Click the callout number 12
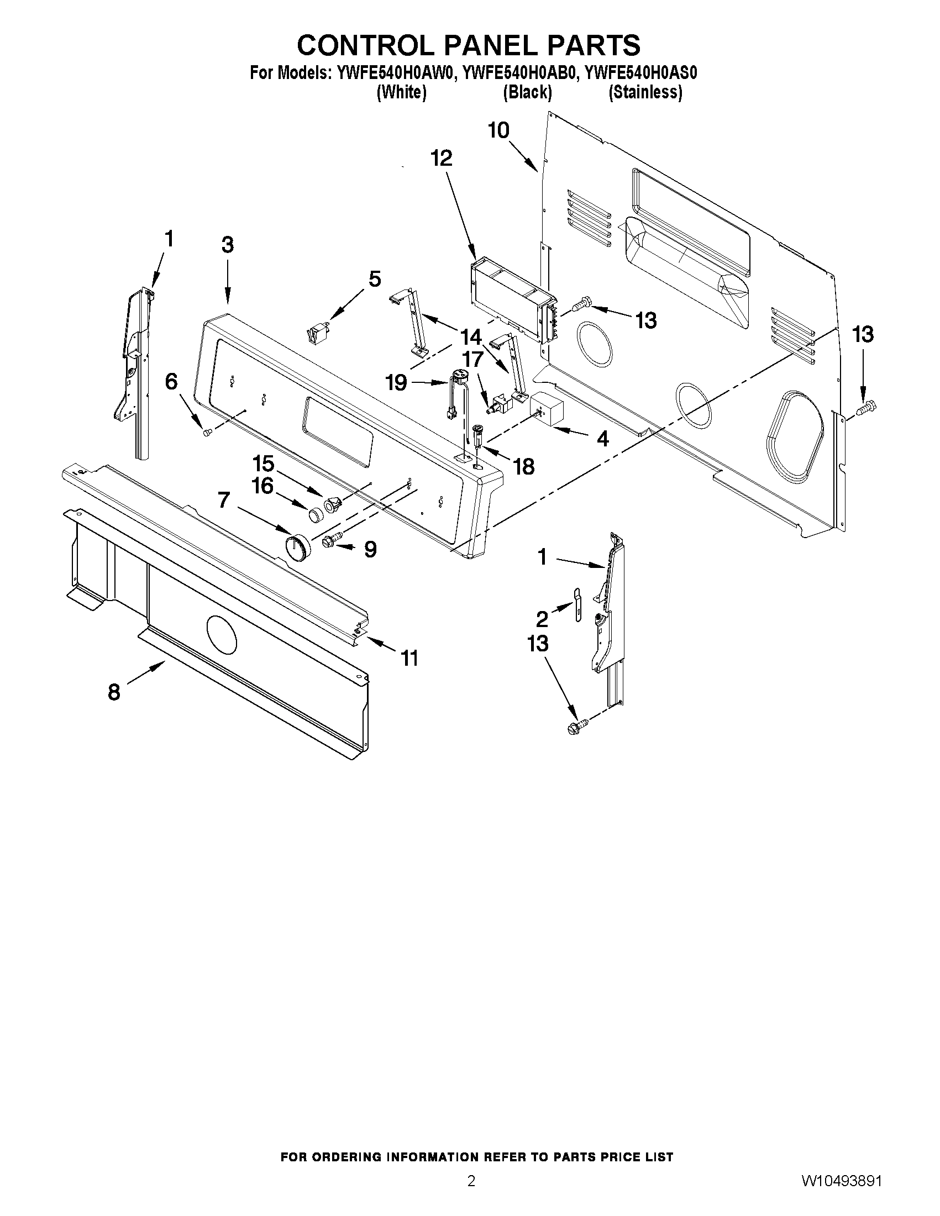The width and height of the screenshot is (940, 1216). (442, 159)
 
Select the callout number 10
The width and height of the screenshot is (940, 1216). (498, 130)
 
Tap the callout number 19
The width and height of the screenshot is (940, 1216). (396, 383)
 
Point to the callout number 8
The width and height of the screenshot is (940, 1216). (114, 692)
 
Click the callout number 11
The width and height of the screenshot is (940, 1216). (410, 659)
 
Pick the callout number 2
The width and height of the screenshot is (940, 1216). (542, 619)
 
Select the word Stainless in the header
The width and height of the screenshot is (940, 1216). (645, 92)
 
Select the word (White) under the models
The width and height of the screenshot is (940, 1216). (402, 92)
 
